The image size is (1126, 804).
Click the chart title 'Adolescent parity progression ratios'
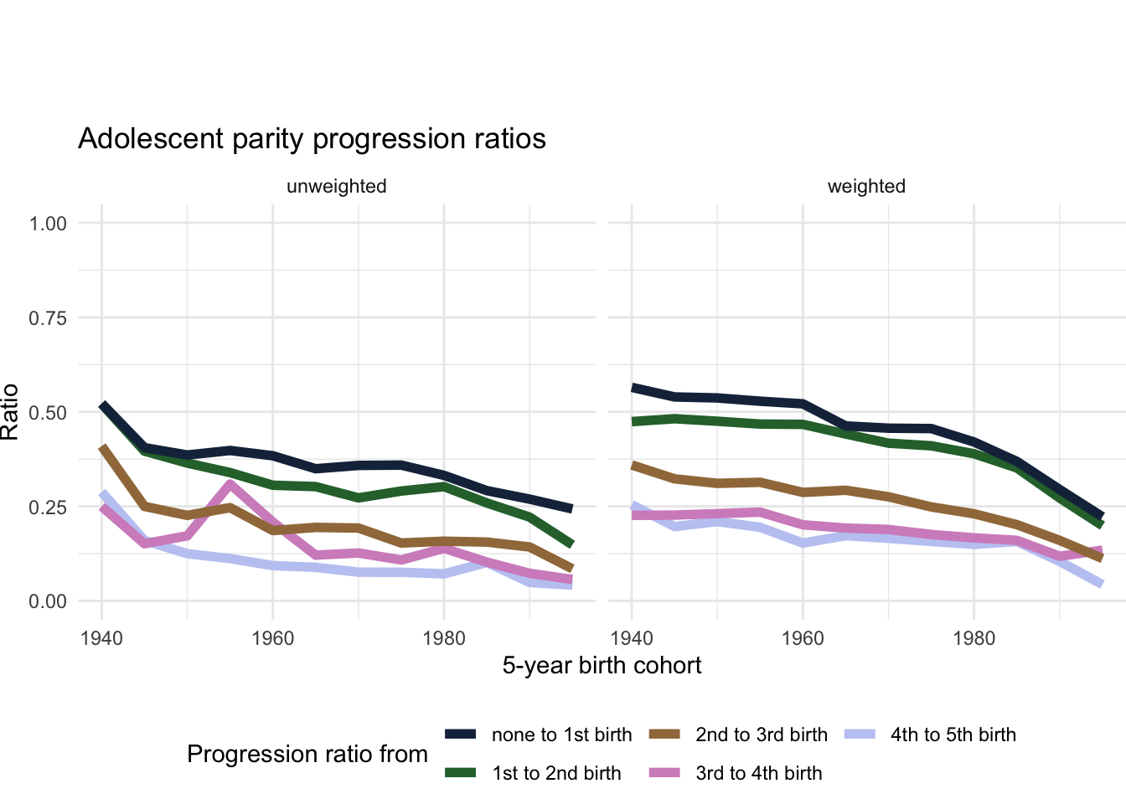coord(312,138)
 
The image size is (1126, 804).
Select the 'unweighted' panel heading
coord(336,186)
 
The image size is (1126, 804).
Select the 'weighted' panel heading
coord(866,186)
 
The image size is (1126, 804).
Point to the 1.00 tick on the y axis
coord(48,224)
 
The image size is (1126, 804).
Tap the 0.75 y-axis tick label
coord(48,318)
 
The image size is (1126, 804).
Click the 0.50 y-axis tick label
coord(48,413)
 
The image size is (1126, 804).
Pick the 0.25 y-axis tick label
coord(48,508)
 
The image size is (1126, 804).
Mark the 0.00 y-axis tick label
coord(48,601)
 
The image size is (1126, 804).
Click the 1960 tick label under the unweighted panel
coord(272,638)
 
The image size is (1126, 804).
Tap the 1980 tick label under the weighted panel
coord(974,638)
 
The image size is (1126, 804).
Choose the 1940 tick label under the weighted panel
coord(632,638)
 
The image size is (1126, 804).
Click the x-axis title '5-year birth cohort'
coord(602,666)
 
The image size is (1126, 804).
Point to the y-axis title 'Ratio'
coord(10,412)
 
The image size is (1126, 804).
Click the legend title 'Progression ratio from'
coord(307,755)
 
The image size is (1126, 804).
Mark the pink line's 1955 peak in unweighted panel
coord(230,484)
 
